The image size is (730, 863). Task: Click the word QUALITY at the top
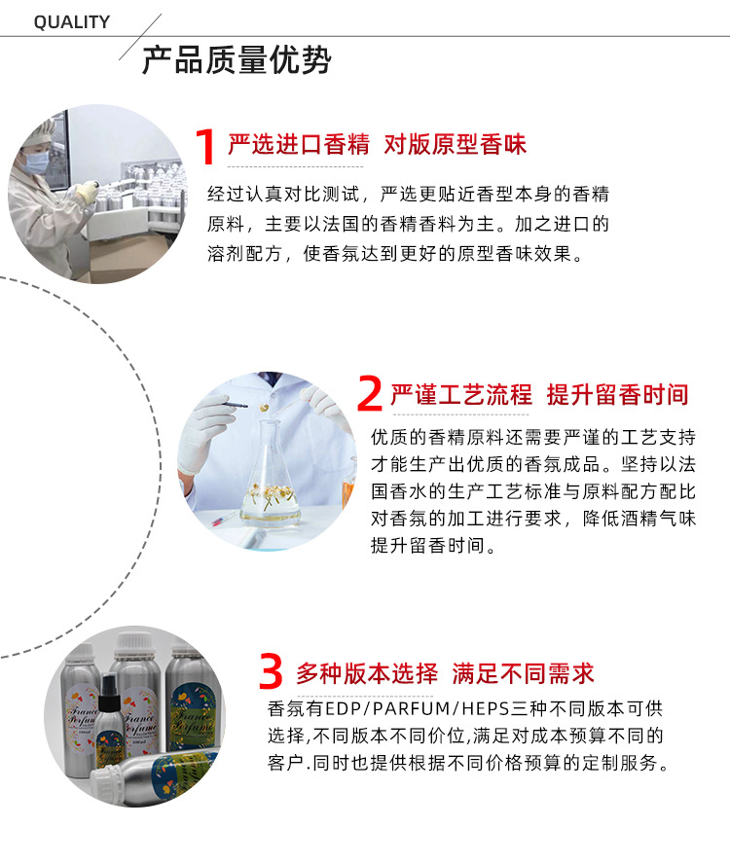click(72, 22)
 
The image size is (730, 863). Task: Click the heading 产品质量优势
click(237, 60)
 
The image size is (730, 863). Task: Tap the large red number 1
click(204, 148)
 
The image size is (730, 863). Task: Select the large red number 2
click(369, 395)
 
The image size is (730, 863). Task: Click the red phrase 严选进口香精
click(299, 145)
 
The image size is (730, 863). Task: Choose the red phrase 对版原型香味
click(455, 145)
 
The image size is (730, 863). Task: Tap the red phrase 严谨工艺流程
click(461, 394)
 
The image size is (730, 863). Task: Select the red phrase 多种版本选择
click(367, 672)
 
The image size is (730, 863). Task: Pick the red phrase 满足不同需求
click(523, 672)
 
